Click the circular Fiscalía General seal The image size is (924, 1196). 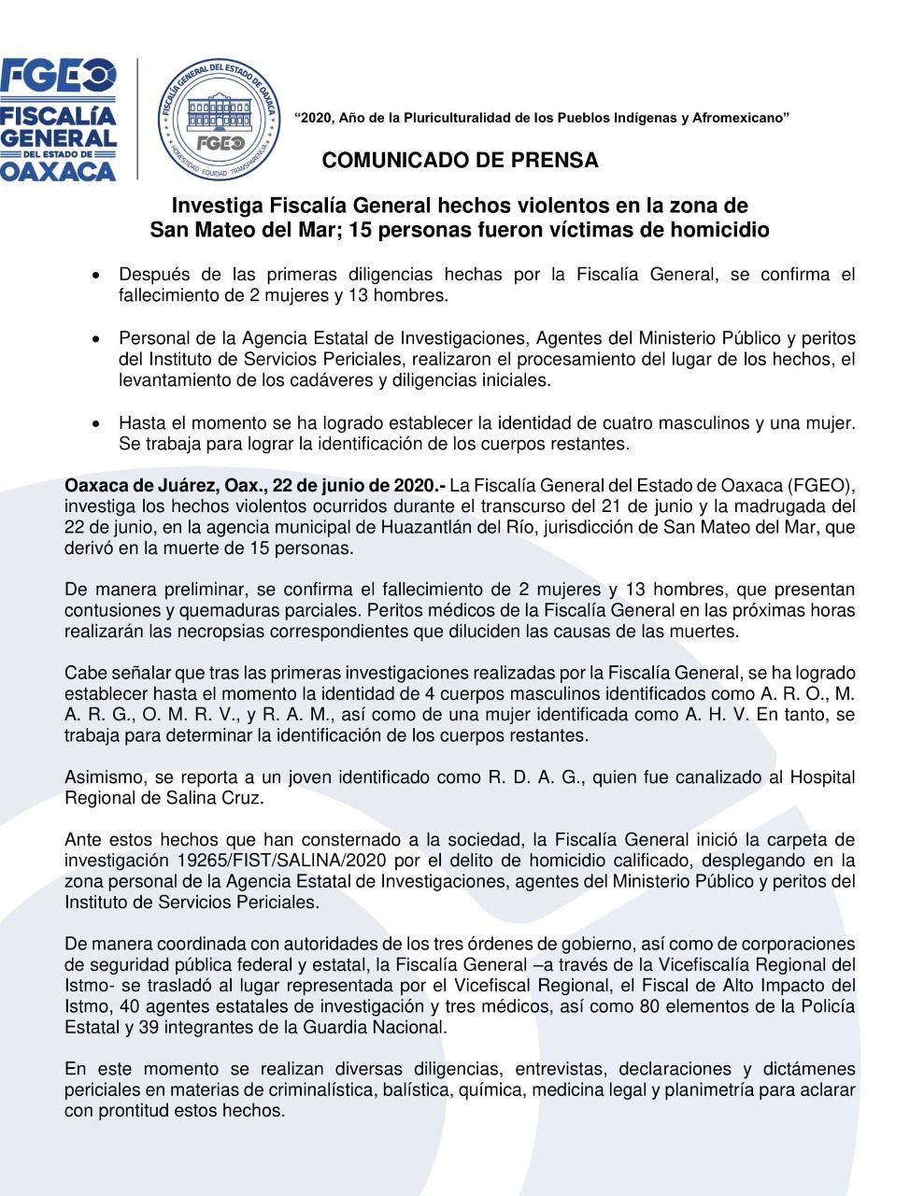pyautogui.click(x=218, y=119)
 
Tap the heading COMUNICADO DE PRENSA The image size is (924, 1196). pyautogui.click(x=460, y=161)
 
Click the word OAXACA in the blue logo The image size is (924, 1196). pyautogui.click(x=58, y=171)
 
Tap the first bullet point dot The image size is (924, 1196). pyautogui.click(x=96, y=276)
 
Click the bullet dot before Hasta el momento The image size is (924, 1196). pyautogui.click(x=96, y=423)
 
